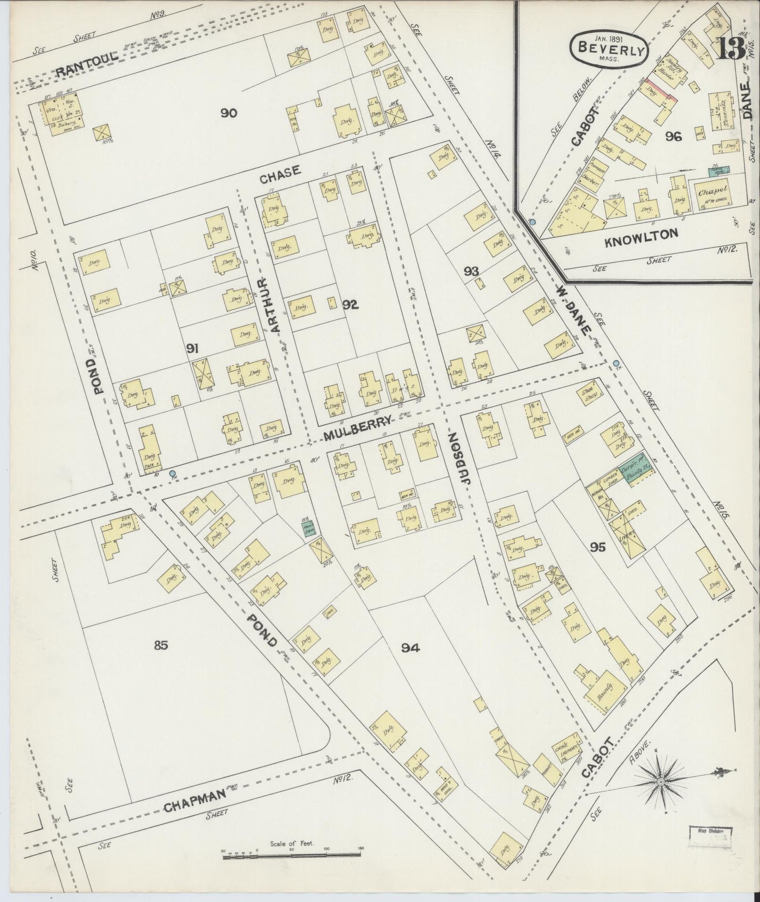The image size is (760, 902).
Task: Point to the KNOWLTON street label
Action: click(641, 235)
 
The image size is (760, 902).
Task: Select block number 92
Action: click(350, 304)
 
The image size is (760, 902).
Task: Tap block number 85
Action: click(161, 645)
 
